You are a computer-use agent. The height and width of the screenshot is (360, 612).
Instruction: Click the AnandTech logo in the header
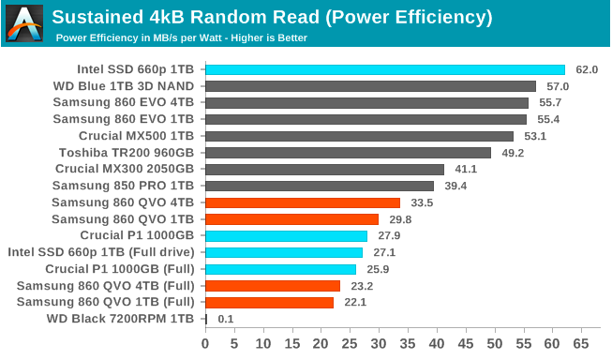click(25, 23)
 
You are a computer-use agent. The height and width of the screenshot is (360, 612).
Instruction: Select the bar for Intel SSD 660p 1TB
click(384, 69)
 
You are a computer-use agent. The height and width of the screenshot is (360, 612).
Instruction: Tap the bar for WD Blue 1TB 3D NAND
click(370, 86)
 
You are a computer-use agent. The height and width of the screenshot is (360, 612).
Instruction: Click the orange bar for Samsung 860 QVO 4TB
click(302, 202)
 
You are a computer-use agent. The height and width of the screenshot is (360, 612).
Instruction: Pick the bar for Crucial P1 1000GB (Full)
click(280, 269)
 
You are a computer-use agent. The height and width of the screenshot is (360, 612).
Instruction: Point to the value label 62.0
click(587, 69)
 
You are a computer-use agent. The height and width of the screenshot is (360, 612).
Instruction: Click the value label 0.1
click(225, 319)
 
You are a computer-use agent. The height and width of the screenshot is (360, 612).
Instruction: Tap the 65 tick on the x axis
click(581, 343)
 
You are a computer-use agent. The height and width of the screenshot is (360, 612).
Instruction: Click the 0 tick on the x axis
click(205, 343)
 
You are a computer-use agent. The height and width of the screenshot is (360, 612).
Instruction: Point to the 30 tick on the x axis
click(379, 343)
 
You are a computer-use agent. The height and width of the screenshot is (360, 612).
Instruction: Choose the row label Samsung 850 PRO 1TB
click(125, 186)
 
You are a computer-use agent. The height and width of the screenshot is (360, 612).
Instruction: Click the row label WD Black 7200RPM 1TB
click(120, 319)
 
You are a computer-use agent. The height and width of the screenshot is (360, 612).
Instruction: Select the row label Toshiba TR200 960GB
click(127, 153)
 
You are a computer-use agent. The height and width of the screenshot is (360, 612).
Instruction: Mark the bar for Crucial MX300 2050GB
click(324, 170)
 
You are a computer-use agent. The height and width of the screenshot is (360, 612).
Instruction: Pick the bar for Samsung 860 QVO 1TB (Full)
click(269, 303)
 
